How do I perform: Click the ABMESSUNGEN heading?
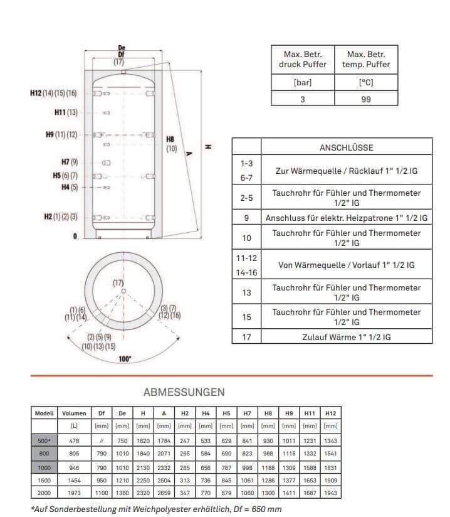(184, 392)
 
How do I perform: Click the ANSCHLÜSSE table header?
(346, 147)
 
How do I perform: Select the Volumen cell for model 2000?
(74, 493)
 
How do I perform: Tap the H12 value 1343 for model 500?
(330, 440)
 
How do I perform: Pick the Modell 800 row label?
(43, 454)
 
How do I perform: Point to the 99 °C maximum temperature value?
(366, 99)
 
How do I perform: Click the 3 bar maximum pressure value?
(303, 99)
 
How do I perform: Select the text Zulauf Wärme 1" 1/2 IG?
(346, 337)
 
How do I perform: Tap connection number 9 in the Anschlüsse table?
(246, 218)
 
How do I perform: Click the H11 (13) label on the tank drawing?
(66, 112)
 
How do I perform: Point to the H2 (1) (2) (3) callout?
(61, 216)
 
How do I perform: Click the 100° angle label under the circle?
(125, 358)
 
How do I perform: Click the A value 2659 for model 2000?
(163, 493)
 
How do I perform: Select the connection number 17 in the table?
(246, 337)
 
